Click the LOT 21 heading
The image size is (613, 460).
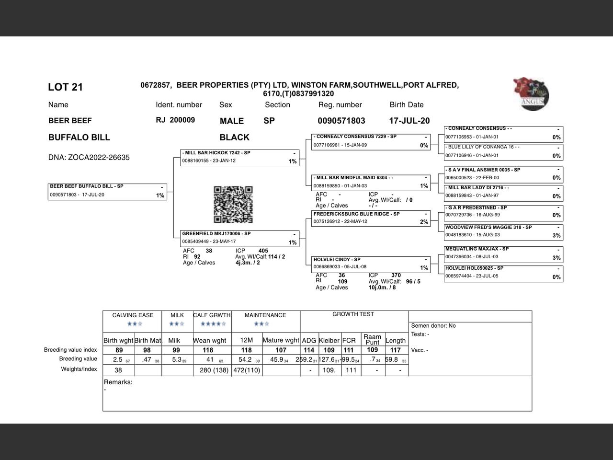[x=65, y=87]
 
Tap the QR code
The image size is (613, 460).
[x=233, y=205]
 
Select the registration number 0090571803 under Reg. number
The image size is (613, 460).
[x=341, y=121]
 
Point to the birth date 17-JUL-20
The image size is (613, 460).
[x=409, y=121]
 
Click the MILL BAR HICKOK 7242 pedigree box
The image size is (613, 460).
[x=240, y=157]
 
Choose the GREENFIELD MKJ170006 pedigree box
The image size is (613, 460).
[x=240, y=238]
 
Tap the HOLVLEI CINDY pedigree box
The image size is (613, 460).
[x=371, y=264]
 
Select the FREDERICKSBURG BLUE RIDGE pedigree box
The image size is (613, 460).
[x=371, y=218]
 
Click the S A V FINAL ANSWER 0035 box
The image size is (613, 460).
[x=503, y=174]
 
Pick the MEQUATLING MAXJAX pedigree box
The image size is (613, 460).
[x=503, y=253]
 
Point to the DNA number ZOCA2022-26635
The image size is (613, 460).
[x=89, y=158]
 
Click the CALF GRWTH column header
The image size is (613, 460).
[x=212, y=315]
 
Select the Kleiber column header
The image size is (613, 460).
[x=329, y=341]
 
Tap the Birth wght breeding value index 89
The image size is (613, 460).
[x=119, y=350]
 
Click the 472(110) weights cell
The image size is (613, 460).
[x=246, y=370]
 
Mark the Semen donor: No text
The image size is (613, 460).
[x=433, y=326]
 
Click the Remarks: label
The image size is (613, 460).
[x=118, y=382]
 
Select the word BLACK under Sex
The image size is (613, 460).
[x=234, y=138]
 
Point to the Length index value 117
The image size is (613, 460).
[x=396, y=350]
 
